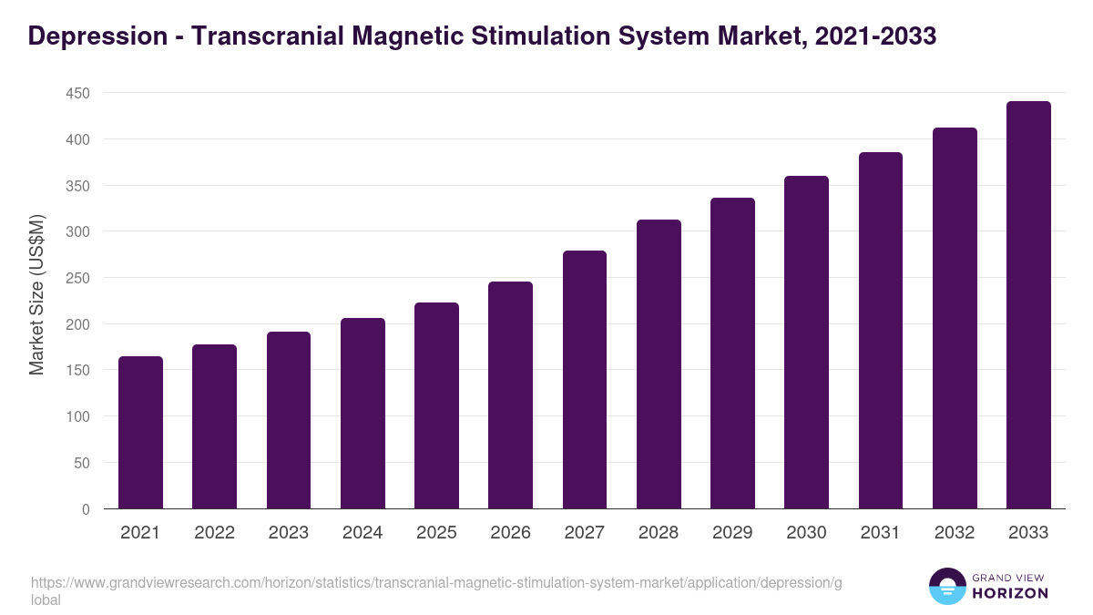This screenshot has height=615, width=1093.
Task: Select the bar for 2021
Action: click(x=140, y=433)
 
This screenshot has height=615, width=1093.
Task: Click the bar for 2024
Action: click(x=363, y=414)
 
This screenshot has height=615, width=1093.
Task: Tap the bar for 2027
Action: click(x=585, y=380)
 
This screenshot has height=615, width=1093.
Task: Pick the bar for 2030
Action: click(x=806, y=343)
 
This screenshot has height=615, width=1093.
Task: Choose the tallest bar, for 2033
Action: click(x=1028, y=305)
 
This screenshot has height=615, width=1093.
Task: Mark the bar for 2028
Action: click(x=659, y=364)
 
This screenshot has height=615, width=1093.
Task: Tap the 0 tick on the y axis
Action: click(x=86, y=509)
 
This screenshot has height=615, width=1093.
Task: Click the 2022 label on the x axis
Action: click(x=214, y=533)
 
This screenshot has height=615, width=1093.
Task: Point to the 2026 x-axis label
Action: click(x=510, y=533)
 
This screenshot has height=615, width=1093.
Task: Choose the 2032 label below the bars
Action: click(x=955, y=533)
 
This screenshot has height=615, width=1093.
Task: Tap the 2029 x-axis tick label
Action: click(x=732, y=533)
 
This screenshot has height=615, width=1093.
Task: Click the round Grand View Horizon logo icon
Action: click(x=947, y=587)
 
